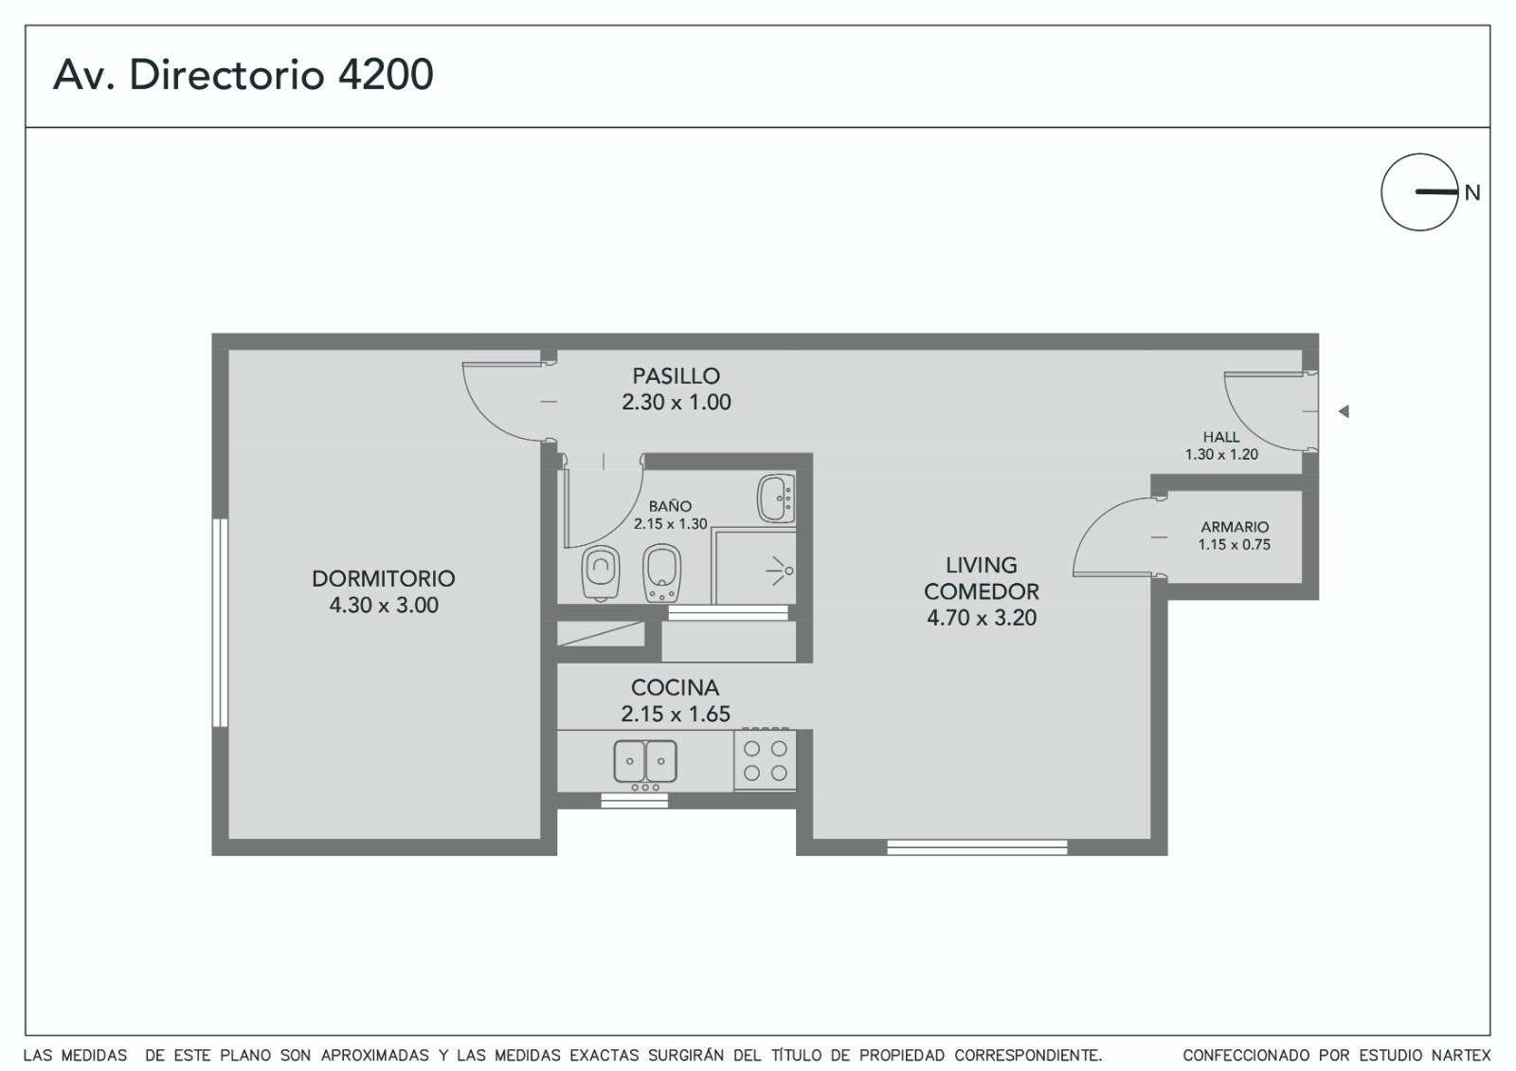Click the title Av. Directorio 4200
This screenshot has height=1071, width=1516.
click(243, 75)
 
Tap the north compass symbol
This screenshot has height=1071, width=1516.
click(1419, 192)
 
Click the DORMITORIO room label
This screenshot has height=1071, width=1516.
click(383, 579)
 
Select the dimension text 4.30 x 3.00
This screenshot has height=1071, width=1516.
click(383, 606)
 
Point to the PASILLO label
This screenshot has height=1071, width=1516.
click(677, 375)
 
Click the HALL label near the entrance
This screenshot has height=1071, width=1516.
click(1221, 437)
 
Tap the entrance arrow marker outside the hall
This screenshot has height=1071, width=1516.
click(1344, 411)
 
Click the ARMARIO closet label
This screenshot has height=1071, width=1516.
click(1235, 527)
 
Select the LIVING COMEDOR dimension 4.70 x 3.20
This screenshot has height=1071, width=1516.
click(982, 618)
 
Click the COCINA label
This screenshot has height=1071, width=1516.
click(675, 688)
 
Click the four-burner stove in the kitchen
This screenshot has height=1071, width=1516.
click(765, 760)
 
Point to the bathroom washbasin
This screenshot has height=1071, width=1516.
click(776, 499)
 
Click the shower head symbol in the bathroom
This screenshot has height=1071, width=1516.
click(781, 572)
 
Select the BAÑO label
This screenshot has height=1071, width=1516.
click(670, 506)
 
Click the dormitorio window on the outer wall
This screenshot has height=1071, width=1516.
click(220, 623)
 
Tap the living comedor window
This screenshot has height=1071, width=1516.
click(977, 847)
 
